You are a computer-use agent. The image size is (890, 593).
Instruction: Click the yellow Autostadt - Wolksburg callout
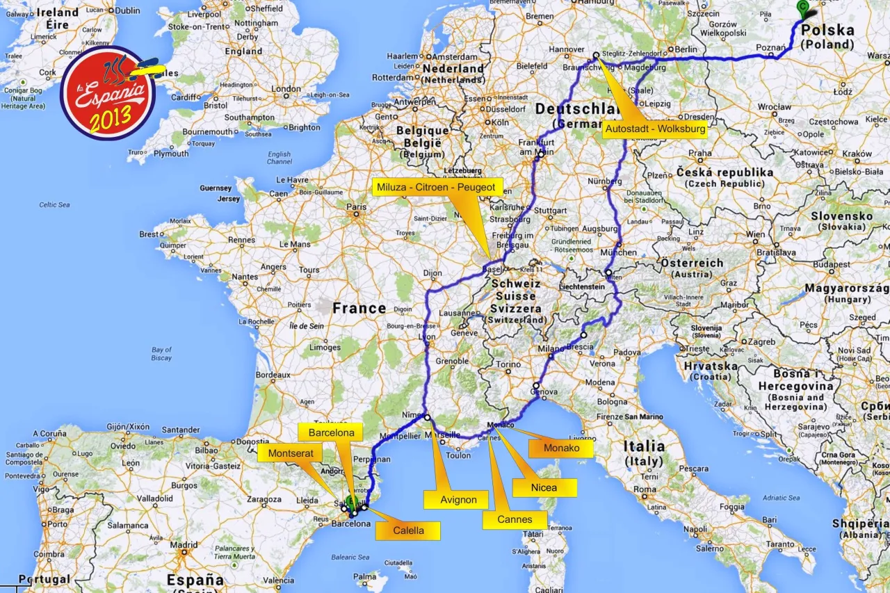pyautogui.click(x=655, y=129)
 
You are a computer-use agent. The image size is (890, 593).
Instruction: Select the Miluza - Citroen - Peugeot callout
pyautogui.click(x=437, y=188)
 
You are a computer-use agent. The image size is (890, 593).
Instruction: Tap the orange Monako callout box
pyautogui.click(x=561, y=448)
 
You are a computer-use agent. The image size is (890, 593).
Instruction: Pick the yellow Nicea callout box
pyautogui.click(x=544, y=487)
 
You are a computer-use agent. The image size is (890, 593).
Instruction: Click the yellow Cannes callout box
pyautogui.click(x=515, y=519)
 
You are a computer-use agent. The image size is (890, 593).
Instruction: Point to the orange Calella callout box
pyautogui.click(x=408, y=530)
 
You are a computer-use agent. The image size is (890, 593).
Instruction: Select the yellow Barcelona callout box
pyautogui.click(x=331, y=432)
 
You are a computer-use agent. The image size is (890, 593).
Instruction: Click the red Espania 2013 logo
pyautogui.click(x=108, y=93)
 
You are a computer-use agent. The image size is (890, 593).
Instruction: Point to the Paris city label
pyautogui.click(x=357, y=206)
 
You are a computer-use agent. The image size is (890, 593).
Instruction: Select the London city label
pyautogui.click(x=286, y=89)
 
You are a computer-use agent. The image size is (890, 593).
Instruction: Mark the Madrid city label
pyautogui.click(x=184, y=545)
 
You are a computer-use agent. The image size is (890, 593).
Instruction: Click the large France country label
pyautogui.click(x=359, y=308)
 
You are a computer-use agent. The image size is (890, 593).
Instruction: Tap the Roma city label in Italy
pyautogui.click(x=645, y=489)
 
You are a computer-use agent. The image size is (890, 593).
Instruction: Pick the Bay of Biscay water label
pyautogui.click(x=161, y=354)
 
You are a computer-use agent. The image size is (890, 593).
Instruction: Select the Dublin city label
pyautogui.click(x=127, y=10)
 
